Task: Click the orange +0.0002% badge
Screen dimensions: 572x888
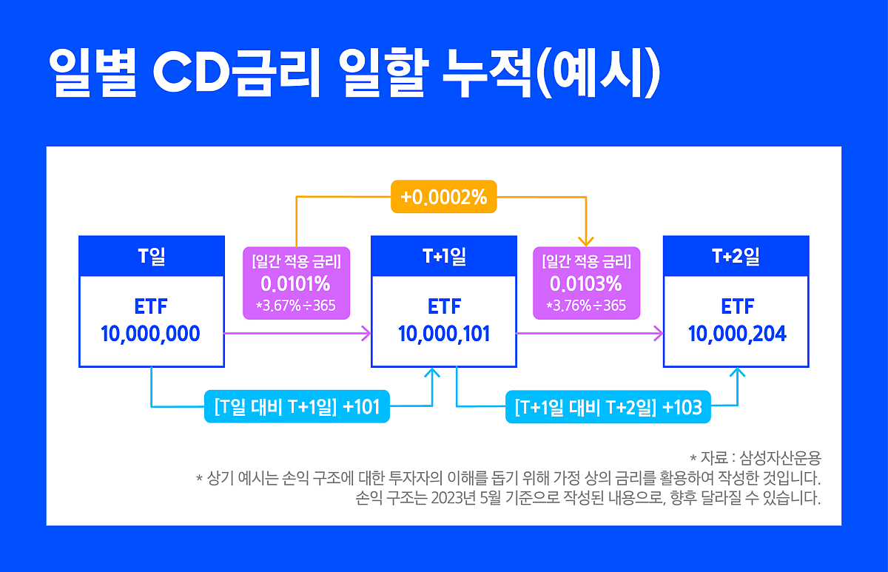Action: pos(443,198)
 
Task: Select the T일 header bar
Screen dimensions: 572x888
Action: pos(152,257)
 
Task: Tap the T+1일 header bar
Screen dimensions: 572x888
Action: pos(444,257)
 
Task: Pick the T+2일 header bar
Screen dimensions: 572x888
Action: pos(736,257)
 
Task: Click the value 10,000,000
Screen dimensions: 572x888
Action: pos(151,334)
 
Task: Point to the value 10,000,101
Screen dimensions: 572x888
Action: pos(444,334)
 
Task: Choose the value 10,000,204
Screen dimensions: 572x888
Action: pos(736,334)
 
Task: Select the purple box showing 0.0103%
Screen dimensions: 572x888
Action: pos(585,283)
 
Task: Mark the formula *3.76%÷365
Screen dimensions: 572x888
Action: pos(585,306)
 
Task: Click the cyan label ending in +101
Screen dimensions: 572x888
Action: pos(297,407)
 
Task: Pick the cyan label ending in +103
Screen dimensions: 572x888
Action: pos(608,407)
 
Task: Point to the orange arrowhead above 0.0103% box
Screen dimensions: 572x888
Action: pos(586,240)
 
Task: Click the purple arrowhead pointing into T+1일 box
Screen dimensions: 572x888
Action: pos(365,334)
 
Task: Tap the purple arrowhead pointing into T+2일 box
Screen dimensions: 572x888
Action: pos(657,334)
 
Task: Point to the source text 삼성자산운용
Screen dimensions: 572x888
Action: pos(786,457)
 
